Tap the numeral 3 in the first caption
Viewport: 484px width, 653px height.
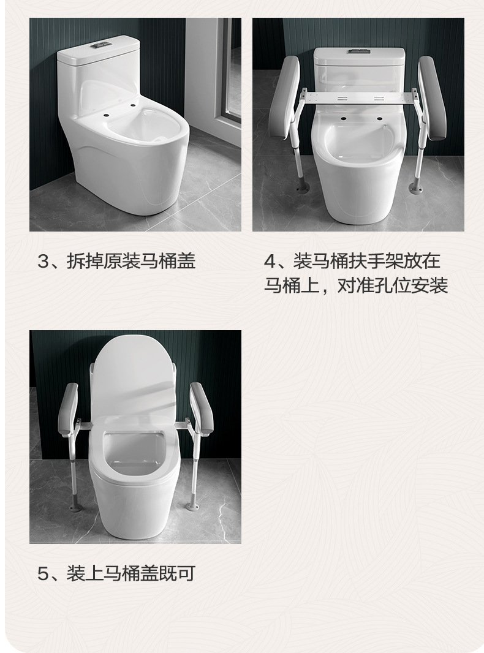[x=42, y=262]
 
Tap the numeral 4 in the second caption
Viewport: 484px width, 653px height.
[x=270, y=262]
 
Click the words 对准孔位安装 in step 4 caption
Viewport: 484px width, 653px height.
[x=392, y=285]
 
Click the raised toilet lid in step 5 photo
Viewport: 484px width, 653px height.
[x=134, y=374]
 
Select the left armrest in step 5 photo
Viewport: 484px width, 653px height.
[x=68, y=409]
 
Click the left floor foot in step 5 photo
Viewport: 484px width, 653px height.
[x=75, y=506]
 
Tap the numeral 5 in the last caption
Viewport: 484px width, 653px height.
[x=42, y=574]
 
